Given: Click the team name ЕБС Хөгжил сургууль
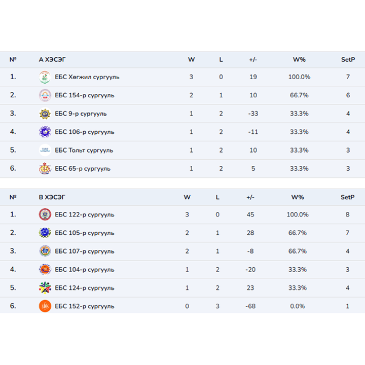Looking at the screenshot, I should [87, 77].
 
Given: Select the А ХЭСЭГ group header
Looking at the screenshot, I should [52, 59].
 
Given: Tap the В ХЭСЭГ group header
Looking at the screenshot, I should [52, 197].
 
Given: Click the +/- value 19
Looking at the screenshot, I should [253, 77].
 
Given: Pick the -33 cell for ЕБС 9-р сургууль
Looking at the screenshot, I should [253, 114].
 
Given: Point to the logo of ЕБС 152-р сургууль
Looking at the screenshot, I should [45, 306].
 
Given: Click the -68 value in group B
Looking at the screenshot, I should [250, 306].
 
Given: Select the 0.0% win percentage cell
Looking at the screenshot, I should [297, 306].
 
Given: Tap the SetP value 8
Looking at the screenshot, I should [348, 214].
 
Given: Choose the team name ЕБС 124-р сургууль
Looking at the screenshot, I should [84, 288].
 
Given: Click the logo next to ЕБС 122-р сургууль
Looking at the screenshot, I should [45, 214].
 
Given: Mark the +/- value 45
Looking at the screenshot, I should [250, 214].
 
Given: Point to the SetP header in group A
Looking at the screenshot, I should [348, 59].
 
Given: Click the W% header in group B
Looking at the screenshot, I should [298, 197].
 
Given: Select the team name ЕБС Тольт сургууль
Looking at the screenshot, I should [84, 150].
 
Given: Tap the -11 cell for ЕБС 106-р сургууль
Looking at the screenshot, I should [253, 132].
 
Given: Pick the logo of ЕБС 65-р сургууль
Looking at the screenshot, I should [45, 168].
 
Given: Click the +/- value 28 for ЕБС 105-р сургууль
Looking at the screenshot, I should [250, 233].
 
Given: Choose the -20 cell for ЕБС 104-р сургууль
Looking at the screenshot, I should [250, 270].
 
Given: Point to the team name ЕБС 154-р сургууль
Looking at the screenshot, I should [84, 95].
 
